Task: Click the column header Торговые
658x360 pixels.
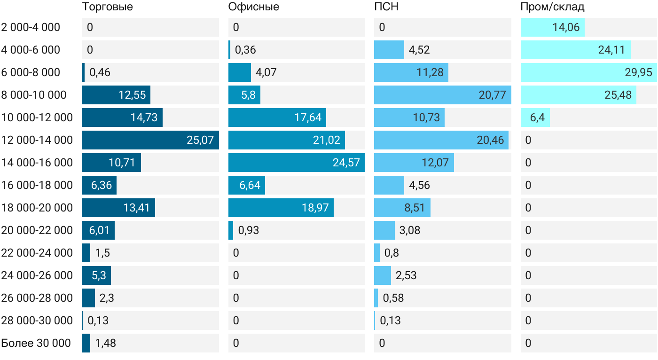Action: tap(107, 7)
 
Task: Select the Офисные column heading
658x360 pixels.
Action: tap(253, 7)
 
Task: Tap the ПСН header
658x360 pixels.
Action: tap(386, 7)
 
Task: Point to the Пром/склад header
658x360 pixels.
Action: tap(552, 7)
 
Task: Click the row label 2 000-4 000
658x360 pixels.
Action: tap(31, 27)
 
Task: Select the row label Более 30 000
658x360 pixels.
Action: tap(36, 343)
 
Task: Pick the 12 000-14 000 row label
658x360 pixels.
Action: tap(37, 140)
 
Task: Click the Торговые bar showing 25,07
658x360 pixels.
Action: tap(150, 140)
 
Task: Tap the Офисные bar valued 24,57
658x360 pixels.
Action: tap(297, 163)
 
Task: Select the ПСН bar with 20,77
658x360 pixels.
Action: tap(443, 95)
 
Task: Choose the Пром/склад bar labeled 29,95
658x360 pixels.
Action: tap(588, 72)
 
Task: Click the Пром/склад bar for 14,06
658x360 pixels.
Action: tap(553, 27)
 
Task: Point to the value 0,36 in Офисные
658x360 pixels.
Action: tap(245, 50)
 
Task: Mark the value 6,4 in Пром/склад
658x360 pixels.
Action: tap(537, 117)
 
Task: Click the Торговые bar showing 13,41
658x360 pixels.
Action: tap(118, 208)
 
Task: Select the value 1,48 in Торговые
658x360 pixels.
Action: tap(105, 343)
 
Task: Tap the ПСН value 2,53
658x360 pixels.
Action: tap(406, 275)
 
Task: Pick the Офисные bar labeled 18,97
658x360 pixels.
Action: tap(281, 208)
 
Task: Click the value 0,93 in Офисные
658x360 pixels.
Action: tap(249, 230)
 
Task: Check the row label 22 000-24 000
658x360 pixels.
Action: tap(37, 253)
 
